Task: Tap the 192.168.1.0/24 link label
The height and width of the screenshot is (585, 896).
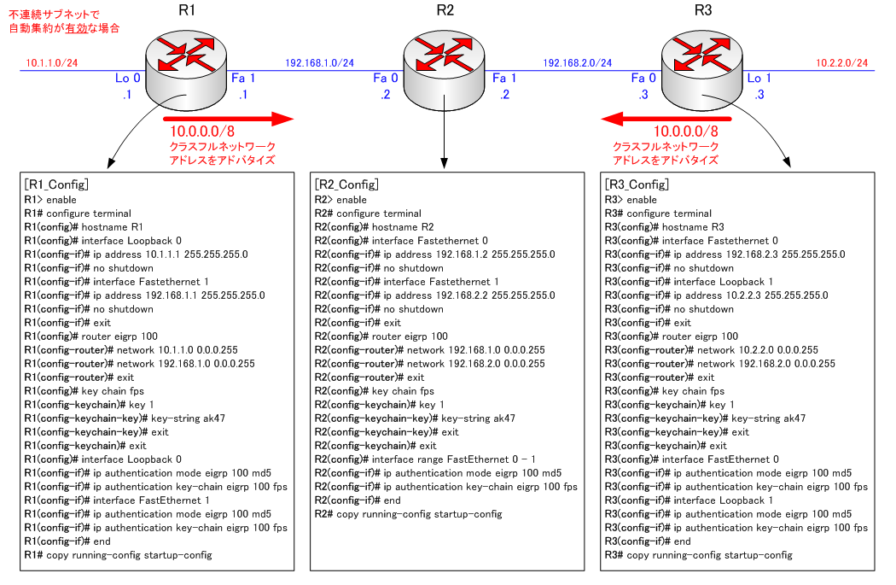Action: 319,63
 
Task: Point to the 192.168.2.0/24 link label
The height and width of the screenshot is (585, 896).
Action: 578,63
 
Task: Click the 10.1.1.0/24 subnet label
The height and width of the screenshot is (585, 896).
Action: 52,63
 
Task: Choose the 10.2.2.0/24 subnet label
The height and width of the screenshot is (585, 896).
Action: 842,63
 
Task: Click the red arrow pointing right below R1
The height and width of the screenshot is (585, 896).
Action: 228,119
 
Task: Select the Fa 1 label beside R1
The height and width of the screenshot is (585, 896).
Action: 243,79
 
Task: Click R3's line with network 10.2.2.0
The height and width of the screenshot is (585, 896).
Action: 711,350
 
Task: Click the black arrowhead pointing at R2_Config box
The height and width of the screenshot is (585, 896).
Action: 445,162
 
